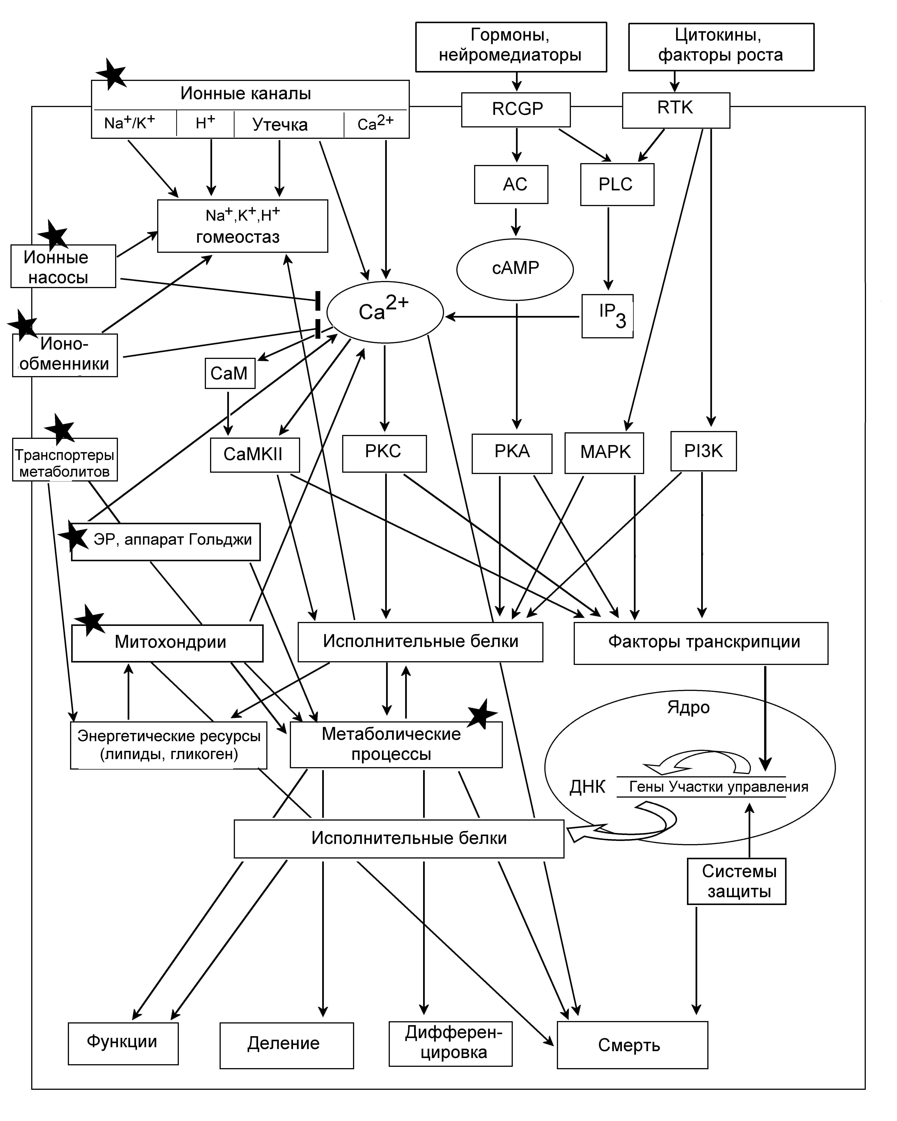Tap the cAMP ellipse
(x=515, y=269)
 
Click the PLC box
(x=617, y=185)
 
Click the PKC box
(x=384, y=453)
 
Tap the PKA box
(x=512, y=453)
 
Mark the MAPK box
(x=604, y=453)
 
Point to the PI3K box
(x=703, y=451)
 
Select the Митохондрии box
(x=167, y=643)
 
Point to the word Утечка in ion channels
(x=280, y=125)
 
